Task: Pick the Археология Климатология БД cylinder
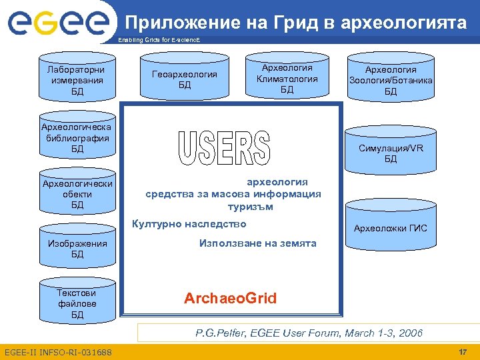tap(287, 79)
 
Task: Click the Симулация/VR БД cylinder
tap(391, 153)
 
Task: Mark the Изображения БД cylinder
tap(77, 249)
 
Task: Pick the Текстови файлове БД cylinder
tap(77, 303)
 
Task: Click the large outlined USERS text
tap(224, 149)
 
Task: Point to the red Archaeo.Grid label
tap(230, 298)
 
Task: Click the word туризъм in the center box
tap(250, 207)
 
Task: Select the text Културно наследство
tap(189, 224)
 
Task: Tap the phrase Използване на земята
tap(257, 243)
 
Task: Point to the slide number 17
tap(463, 351)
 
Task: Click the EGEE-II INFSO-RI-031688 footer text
tap(58, 352)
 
